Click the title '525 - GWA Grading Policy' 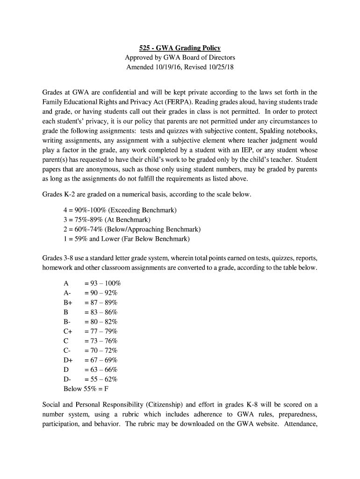[x=180, y=48]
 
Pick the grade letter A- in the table [x=67, y=293]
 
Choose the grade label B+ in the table [x=67, y=303]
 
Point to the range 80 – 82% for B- [x=101, y=322]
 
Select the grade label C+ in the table [x=67, y=332]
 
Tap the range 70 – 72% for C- [x=101, y=350]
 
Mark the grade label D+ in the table [x=68, y=360]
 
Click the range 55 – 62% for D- [x=101, y=379]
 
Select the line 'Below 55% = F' [x=86, y=389]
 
